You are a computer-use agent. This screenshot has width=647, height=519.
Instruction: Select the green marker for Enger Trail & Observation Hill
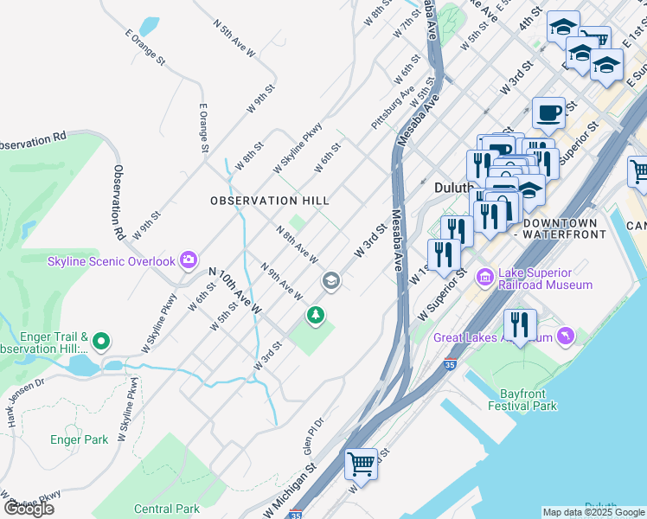point(101,343)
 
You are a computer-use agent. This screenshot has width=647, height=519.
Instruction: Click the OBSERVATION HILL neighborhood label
point(270,201)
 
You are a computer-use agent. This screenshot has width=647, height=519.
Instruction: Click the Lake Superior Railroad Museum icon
point(484,277)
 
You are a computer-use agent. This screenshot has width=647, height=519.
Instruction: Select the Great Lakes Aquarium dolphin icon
point(566,336)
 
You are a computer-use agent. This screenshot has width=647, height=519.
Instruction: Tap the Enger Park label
point(80,439)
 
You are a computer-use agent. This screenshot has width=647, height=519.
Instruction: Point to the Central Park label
point(167,509)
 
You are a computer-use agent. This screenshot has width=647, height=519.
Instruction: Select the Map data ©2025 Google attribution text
point(593,512)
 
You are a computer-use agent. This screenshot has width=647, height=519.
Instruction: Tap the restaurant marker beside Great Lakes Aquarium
point(519,325)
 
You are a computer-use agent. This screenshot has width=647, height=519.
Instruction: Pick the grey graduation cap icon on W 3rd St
point(330,281)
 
